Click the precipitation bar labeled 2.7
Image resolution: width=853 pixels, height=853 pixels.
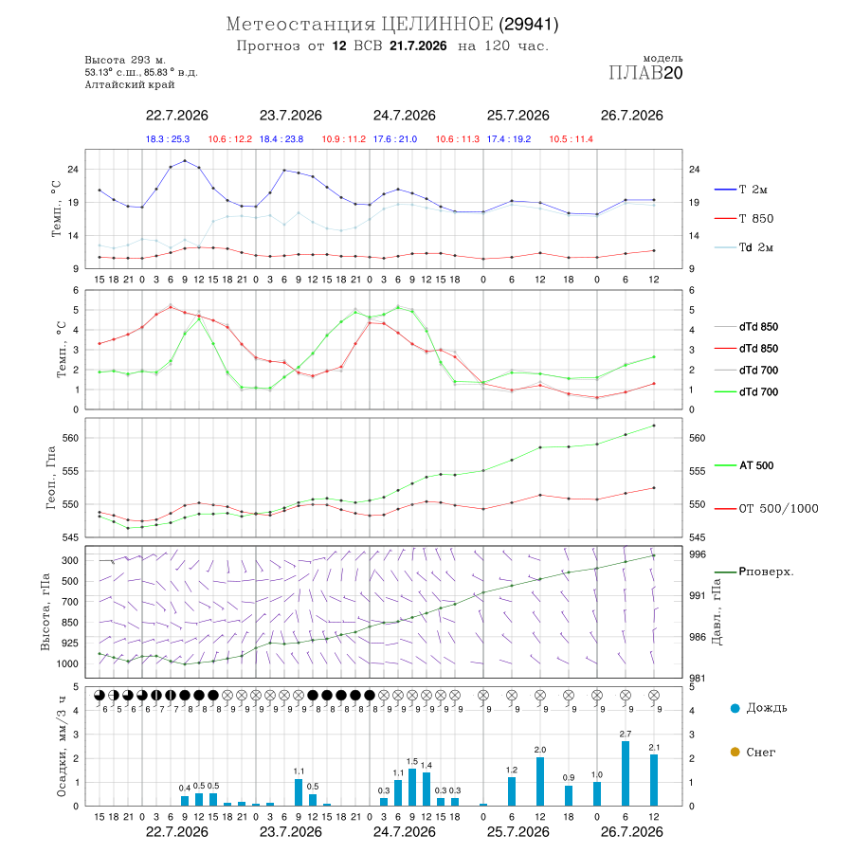point(626,773)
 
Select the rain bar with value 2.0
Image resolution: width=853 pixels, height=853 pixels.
point(539,781)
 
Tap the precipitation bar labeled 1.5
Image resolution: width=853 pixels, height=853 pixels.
point(412,788)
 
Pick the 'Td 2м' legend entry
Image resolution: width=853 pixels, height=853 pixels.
point(744,247)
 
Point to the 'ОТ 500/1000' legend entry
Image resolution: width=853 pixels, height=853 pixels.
point(766,509)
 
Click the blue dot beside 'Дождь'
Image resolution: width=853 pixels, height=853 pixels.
point(735,708)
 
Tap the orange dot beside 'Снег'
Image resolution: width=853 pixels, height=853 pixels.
point(735,752)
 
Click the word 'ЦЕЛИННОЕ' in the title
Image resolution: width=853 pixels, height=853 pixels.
point(437,24)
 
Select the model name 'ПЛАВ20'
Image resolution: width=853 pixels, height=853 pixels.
point(645,72)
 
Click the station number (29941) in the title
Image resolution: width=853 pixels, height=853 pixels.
point(529,25)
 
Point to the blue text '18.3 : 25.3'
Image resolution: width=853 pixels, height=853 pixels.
point(168,139)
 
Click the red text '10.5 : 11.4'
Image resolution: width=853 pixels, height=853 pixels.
point(571,139)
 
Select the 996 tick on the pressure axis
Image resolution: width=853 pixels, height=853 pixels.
point(697,554)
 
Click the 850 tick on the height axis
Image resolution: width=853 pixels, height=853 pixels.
point(70,623)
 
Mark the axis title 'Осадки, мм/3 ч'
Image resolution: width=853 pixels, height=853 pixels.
point(61,747)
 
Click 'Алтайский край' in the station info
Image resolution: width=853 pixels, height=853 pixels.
point(130,85)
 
